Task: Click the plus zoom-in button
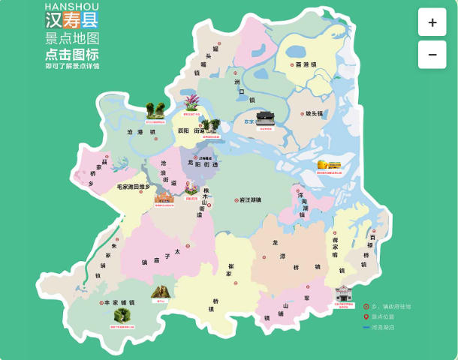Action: click(432, 22)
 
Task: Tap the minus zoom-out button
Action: click(432, 55)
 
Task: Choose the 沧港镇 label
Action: click(141, 131)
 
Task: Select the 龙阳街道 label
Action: click(200, 164)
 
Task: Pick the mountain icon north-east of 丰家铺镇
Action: click(160, 292)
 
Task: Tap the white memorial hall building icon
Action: click(344, 293)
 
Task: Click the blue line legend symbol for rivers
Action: click(366, 328)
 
